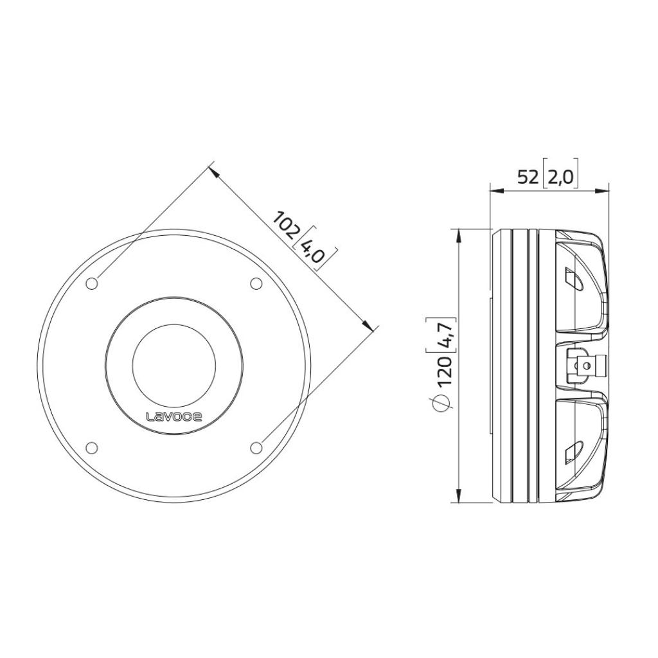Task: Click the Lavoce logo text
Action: click(x=173, y=416)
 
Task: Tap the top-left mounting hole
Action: click(x=91, y=283)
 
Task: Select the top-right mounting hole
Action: click(x=256, y=283)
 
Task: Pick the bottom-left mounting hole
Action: click(x=91, y=448)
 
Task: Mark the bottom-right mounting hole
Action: click(x=256, y=448)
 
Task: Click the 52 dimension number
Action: click(x=528, y=177)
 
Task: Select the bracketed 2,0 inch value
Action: click(x=560, y=177)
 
